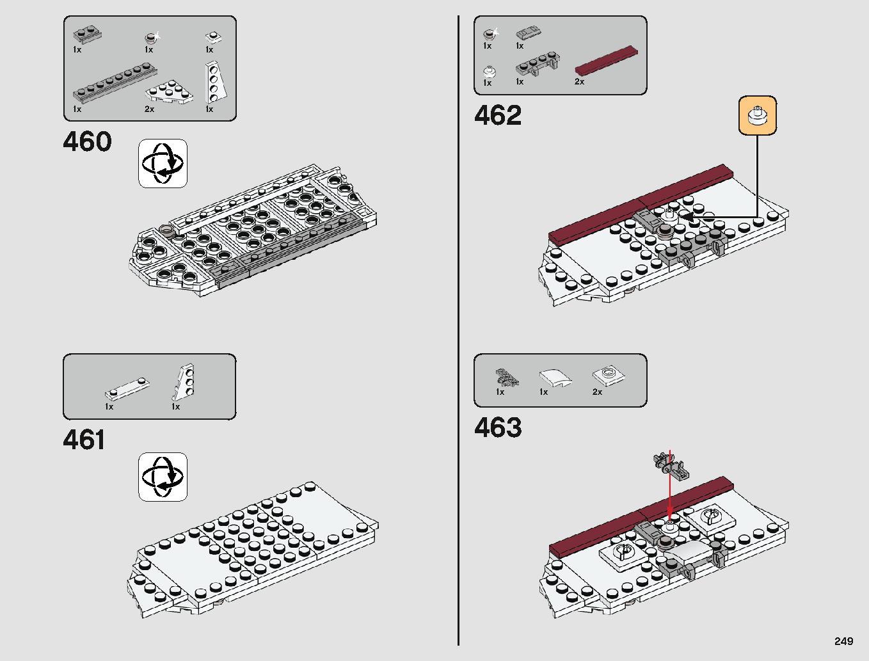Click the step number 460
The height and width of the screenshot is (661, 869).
point(87,141)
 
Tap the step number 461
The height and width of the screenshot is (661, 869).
point(84,440)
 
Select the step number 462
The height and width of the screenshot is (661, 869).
point(498,115)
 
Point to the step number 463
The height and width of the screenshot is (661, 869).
point(498,427)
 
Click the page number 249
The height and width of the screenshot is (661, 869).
point(843,641)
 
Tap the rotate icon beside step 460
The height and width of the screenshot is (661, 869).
point(163,163)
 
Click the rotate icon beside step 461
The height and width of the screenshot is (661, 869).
point(163,477)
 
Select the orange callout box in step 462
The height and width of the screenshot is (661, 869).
point(758,115)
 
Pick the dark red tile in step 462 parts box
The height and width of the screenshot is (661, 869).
point(606,60)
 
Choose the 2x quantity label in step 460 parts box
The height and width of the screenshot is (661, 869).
point(149,109)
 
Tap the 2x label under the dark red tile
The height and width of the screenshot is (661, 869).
point(580,81)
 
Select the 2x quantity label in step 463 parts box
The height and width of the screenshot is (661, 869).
point(597,392)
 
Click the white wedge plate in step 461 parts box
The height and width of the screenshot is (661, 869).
point(183,381)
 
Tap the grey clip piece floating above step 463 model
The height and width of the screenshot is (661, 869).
point(671,466)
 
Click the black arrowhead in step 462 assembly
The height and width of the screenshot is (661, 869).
point(687,217)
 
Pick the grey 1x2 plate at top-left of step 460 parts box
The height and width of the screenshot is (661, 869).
point(87,35)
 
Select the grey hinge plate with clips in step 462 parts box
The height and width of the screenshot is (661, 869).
point(538,64)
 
